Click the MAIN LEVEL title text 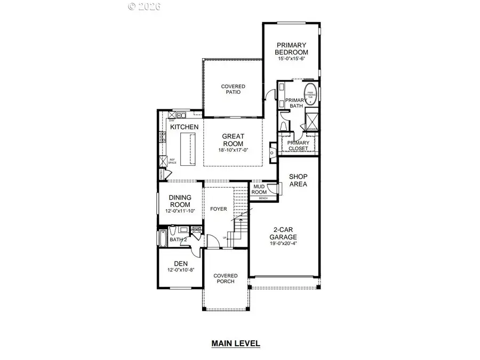[235, 343]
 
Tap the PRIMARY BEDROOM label [292, 49]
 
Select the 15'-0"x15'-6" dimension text [292, 59]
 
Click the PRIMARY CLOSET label [298, 146]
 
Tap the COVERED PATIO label [233, 89]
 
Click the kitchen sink [177, 115]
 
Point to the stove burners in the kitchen [161, 138]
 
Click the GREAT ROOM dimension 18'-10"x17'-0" [233, 150]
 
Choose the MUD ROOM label [259, 189]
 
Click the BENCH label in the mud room [263, 198]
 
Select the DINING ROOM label [180, 201]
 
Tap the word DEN [180, 263]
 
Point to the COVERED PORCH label [226, 279]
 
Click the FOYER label [219, 210]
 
